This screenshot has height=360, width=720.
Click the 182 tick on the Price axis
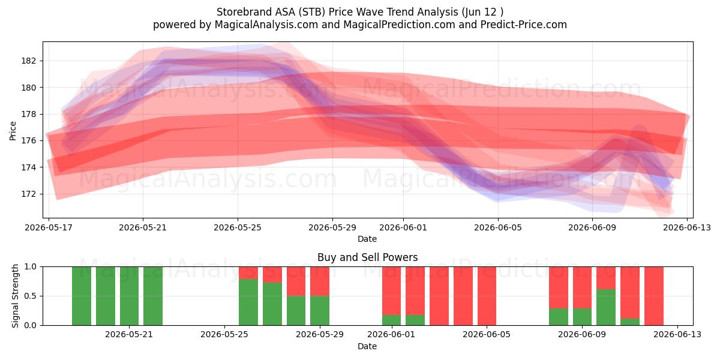point(28,61)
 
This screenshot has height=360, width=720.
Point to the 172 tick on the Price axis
point(28,194)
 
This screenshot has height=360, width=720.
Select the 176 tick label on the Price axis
point(28,141)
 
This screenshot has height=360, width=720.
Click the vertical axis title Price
point(13,131)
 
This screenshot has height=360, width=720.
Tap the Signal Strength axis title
point(15,296)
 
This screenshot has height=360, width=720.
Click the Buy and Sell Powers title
point(367,257)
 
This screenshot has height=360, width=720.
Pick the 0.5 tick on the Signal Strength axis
point(30,296)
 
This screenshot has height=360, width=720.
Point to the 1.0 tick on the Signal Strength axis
point(30,267)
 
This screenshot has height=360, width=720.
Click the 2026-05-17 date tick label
point(49,227)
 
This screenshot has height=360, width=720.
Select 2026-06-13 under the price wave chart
point(687,227)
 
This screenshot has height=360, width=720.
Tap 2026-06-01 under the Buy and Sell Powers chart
point(391,335)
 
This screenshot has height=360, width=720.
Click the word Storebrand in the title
point(244,12)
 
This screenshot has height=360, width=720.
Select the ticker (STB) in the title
point(311,12)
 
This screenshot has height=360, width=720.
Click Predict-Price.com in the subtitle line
point(524,25)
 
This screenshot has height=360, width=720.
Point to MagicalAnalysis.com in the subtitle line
point(266,25)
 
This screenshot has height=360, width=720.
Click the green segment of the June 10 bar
point(606,307)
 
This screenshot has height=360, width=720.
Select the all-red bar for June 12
point(654,296)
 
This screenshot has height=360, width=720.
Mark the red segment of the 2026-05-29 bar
point(320,281)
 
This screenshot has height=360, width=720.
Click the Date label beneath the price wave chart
point(367,239)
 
